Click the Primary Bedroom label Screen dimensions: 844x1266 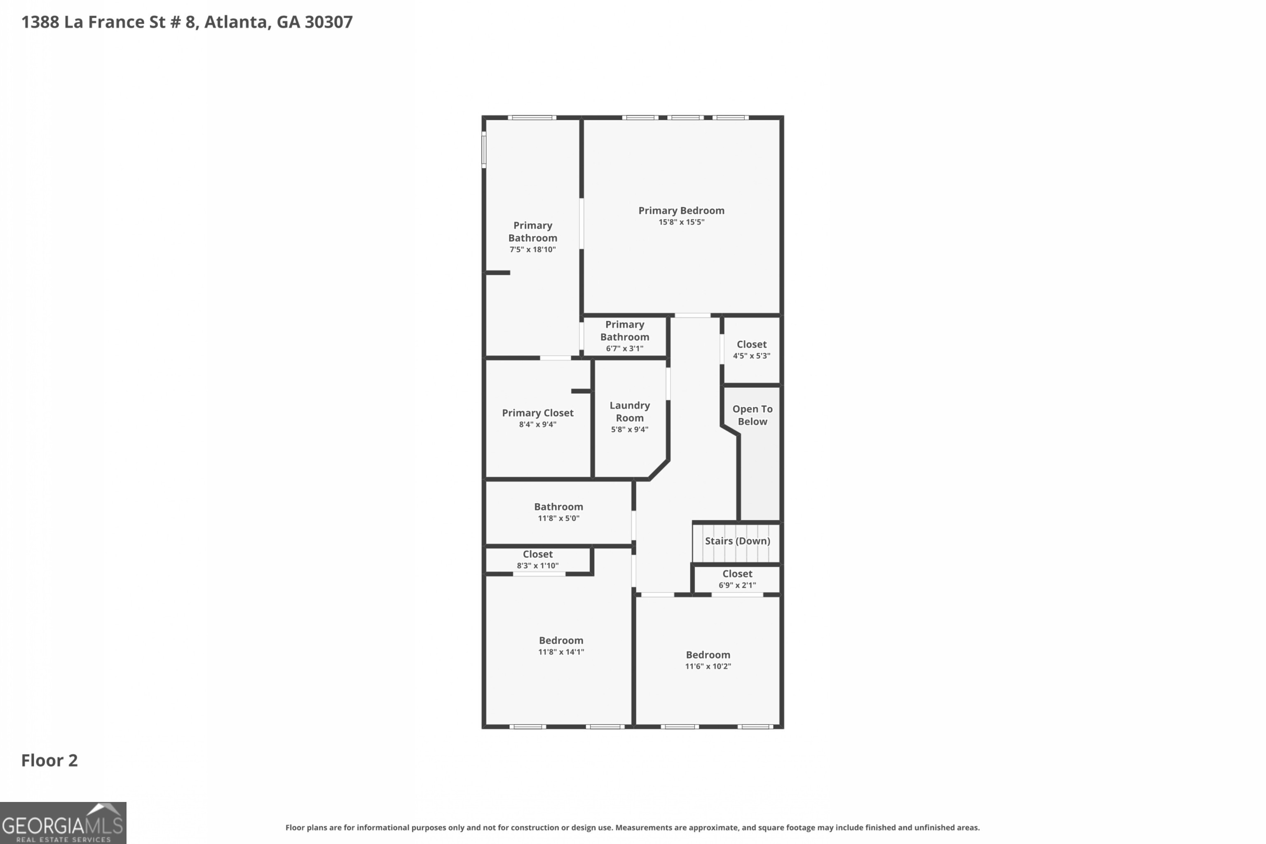click(681, 211)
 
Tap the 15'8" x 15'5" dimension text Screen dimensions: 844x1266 click(681, 222)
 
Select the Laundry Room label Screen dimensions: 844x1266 click(629, 412)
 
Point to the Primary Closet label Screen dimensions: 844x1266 click(537, 413)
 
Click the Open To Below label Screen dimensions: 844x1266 click(752, 415)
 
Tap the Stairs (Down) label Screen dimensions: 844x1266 click(737, 541)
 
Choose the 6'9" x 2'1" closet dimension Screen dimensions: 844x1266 click(737, 585)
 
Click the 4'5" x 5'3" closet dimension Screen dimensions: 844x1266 click(751, 356)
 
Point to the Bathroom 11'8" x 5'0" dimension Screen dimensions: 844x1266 click(558, 518)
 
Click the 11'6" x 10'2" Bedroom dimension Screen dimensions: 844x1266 click(707, 666)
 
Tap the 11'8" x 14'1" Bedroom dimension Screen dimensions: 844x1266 click(560, 652)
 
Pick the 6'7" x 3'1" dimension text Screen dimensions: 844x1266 click(624, 349)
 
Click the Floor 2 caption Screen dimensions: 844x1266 click(49, 761)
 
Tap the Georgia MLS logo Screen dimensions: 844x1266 click(63, 823)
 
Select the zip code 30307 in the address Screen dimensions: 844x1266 click(328, 22)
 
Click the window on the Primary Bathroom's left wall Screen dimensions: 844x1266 click(484, 150)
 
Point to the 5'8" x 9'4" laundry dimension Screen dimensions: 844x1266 click(629, 429)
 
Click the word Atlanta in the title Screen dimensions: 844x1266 click(236, 22)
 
